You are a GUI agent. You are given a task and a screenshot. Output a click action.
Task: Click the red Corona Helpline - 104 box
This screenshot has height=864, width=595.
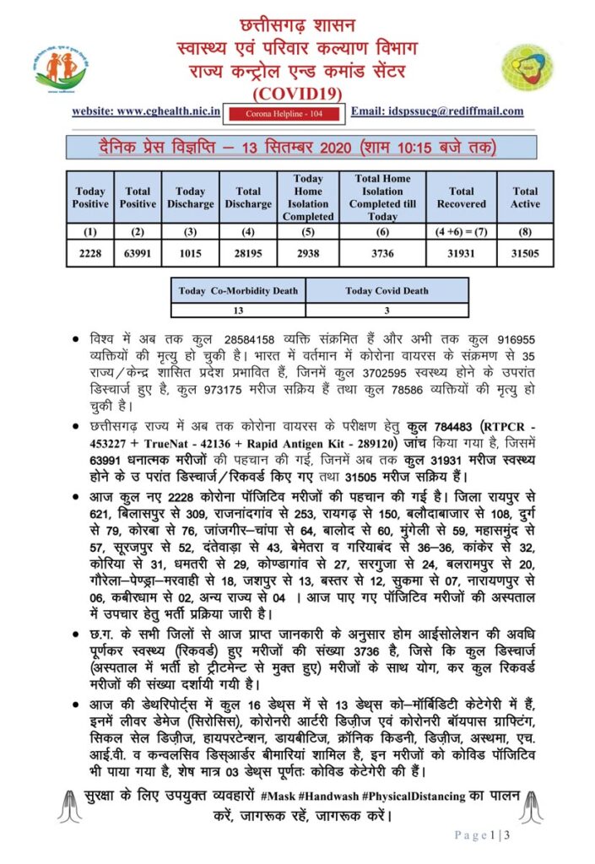283,112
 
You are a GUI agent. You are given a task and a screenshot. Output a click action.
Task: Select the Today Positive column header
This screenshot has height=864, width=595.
90,197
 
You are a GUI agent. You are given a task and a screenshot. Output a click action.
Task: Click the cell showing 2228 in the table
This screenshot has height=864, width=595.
90,252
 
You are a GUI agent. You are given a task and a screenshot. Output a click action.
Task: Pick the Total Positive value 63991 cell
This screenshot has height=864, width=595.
138,252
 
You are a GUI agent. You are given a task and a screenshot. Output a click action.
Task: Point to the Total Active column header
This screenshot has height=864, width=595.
524,197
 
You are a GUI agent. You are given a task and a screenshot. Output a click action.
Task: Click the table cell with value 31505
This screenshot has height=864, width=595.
524,252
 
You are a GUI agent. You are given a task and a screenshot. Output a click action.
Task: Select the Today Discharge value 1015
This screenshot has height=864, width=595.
190,252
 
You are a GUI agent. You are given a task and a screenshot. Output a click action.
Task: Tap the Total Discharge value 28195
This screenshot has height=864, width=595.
248,252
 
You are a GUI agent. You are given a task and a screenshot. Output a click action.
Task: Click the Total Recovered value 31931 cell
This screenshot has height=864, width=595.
462,252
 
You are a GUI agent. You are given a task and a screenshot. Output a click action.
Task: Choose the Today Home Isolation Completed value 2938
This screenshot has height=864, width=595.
308,252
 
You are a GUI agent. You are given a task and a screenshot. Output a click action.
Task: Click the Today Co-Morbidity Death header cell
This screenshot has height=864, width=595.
238,291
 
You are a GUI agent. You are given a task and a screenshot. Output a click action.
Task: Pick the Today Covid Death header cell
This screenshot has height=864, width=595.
387,291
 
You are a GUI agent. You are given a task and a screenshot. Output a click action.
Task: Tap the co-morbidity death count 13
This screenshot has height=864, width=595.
238,310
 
